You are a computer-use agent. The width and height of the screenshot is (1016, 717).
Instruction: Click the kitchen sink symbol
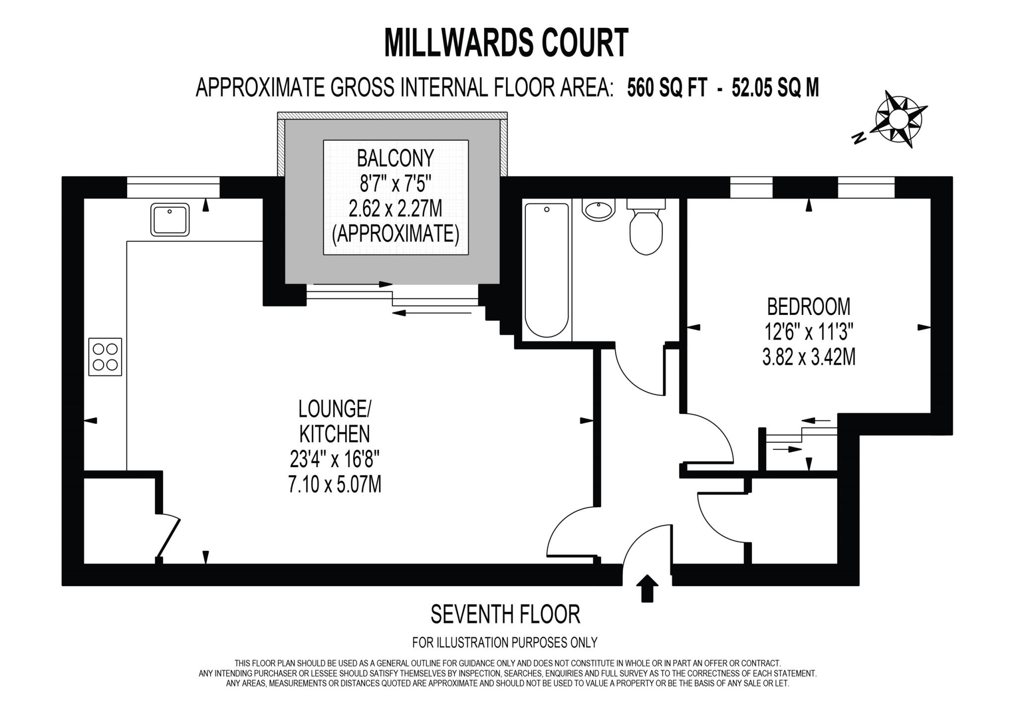coord(170,220)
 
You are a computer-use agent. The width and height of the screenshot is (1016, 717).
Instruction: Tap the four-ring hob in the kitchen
coord(105,357)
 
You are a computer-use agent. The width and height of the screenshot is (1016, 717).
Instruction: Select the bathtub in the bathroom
coord(547,270)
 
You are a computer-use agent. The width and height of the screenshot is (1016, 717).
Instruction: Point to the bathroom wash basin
coord(599,210)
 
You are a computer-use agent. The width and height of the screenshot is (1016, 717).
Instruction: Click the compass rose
coord(898,119)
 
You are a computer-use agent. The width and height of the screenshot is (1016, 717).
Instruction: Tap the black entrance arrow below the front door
coord(647,588)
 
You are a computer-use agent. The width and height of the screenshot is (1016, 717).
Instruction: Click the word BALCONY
coord(395,158)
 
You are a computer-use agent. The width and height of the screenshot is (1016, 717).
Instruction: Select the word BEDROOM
coord(809,306)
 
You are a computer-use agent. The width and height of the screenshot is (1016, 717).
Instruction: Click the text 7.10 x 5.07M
coord(335,484)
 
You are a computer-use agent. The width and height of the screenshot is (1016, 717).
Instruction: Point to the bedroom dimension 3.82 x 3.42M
coord(809,357)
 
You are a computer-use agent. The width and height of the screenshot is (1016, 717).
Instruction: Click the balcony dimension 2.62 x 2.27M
coord(395,209)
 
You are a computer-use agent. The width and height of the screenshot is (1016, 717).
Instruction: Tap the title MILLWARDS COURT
coord(507,43)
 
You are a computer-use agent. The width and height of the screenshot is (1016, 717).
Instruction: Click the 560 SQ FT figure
coord(666,88)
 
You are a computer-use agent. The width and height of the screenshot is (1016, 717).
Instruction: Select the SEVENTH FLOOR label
coord(505,615)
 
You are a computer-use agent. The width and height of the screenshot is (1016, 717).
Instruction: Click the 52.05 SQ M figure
coord(775,88)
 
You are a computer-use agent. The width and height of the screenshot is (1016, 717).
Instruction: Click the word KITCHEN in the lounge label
coord(335,434)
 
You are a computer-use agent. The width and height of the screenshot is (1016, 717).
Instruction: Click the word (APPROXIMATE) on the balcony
coord(395,234)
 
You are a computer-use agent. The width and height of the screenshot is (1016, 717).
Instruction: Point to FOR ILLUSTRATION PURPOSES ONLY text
coord(505,643)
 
